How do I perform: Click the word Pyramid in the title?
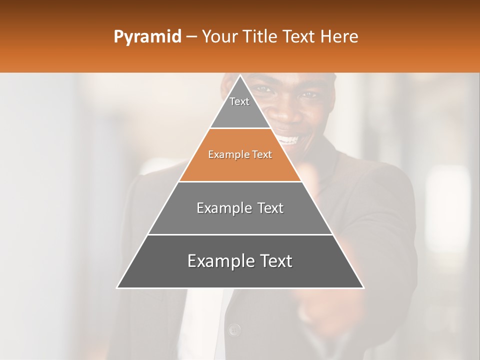tap(147, 37)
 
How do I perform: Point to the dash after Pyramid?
tap(191, 37)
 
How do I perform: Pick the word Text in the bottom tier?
tap(272, 261)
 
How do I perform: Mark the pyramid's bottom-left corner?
tap(117, 287)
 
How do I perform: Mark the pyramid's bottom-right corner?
tap(363, 287)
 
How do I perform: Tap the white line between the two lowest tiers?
tap(240, 234)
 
